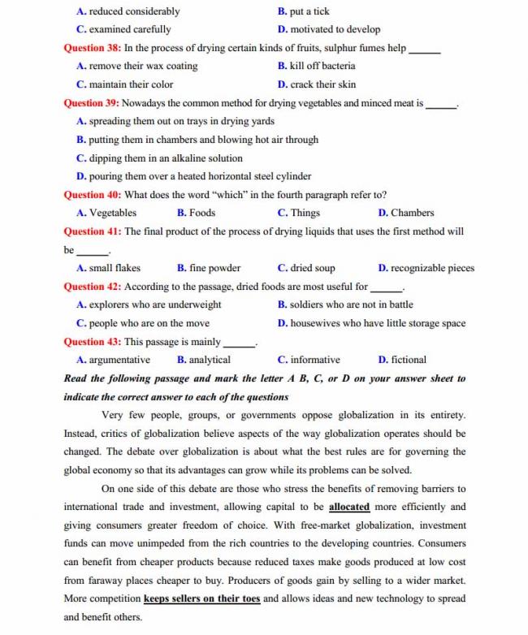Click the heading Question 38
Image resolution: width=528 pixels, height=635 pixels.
point(93,48)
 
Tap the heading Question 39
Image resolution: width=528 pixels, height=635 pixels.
point(93,103)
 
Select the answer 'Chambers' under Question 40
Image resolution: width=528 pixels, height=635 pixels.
point(412,213)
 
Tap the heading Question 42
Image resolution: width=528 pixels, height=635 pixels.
point(93,287)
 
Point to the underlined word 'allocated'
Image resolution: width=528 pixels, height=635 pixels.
point(349,507)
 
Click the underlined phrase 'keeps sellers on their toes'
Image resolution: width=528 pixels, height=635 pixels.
point(201,598)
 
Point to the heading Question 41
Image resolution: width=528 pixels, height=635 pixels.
point(93,231)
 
